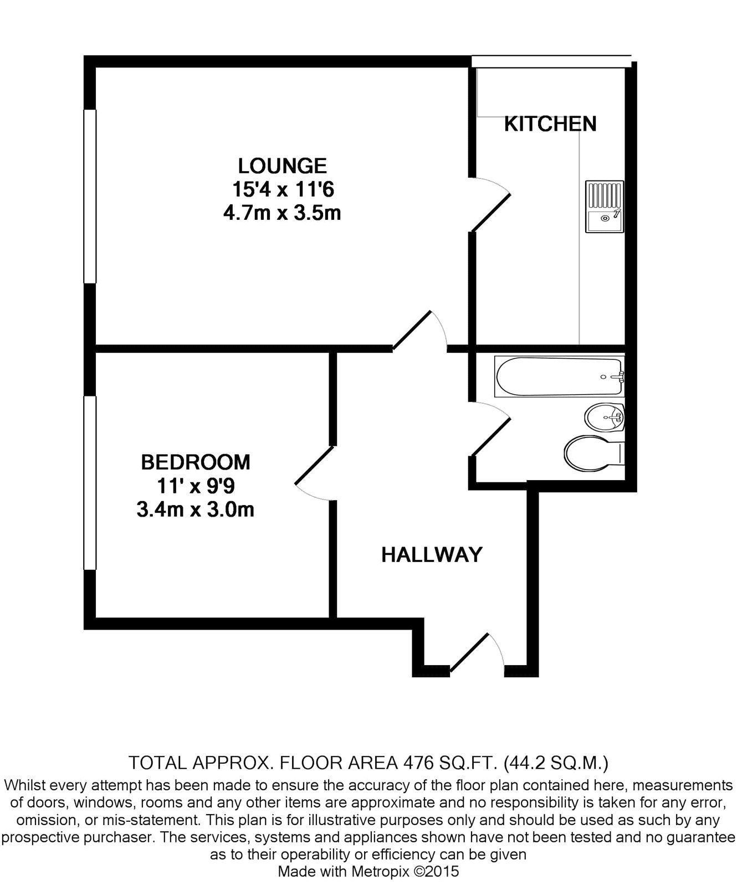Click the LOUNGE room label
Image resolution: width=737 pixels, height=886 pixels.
[282, 166]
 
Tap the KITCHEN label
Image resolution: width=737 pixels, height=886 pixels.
[550, 124]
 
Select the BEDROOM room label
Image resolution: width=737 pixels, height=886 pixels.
[195, 462]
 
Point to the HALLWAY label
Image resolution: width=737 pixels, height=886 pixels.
[432, 554]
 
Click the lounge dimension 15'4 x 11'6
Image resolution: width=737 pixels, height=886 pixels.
[283, 190]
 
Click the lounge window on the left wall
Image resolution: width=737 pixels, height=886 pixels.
[90, 196]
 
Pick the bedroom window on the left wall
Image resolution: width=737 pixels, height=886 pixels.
[90, 482]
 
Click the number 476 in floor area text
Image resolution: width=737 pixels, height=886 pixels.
[417, 763]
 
